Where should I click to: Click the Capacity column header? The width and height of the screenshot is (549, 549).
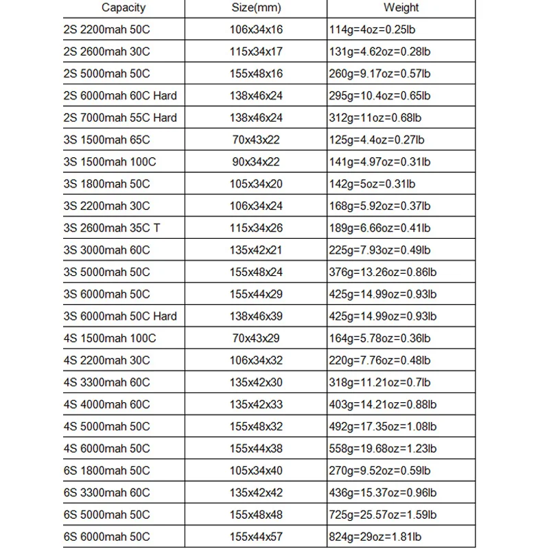click(124, 8)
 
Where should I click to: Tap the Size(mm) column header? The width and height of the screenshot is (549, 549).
click(256, 8)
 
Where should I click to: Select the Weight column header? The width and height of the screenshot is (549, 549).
click(401, 8)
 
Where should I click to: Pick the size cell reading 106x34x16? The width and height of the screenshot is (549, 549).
click(256, 30)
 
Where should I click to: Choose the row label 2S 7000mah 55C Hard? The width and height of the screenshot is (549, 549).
click(119, 117)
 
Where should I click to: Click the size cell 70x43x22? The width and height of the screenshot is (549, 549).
click(256, 140)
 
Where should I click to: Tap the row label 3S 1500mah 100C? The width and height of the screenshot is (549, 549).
click(109, 162)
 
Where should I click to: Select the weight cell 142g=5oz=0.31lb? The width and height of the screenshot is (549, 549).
click(372, 184)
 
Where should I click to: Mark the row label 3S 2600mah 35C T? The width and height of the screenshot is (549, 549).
click(111, 228)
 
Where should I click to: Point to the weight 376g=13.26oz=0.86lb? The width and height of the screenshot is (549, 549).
click(384, 272)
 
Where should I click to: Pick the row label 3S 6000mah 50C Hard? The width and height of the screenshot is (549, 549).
click(119, 316)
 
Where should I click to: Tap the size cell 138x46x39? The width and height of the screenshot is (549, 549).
click(256, 316)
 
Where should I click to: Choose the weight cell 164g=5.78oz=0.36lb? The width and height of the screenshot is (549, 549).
click(381, 338)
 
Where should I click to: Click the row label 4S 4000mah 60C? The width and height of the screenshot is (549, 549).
click(106, 404)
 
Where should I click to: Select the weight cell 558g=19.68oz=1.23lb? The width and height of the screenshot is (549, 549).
click(384, 449)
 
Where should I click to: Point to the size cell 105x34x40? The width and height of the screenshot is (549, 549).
click(256, 471)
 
